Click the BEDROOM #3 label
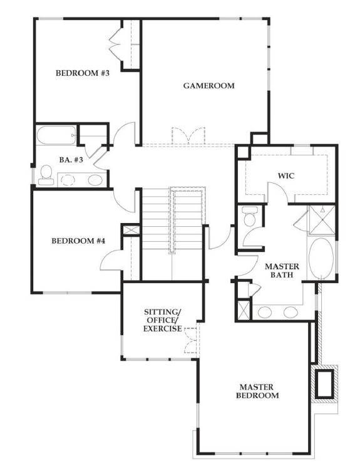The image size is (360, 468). click(83, 73)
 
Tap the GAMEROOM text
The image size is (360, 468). click(208, 85)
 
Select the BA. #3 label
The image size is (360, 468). click(68, 160)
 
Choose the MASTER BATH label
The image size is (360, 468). click(283, 271)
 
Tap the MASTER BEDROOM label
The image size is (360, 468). click(257, 391)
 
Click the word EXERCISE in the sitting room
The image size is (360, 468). click(162, 328)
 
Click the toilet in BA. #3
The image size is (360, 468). click(46, 174)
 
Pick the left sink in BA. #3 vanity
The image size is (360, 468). click(68, 180)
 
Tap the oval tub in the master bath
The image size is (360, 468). click(323, 258)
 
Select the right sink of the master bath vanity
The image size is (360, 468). click(291, 311)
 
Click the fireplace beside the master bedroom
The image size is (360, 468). click(326, 383)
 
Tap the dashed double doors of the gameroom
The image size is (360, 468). click(188, 137)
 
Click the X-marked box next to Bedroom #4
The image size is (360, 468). click(131, 230)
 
